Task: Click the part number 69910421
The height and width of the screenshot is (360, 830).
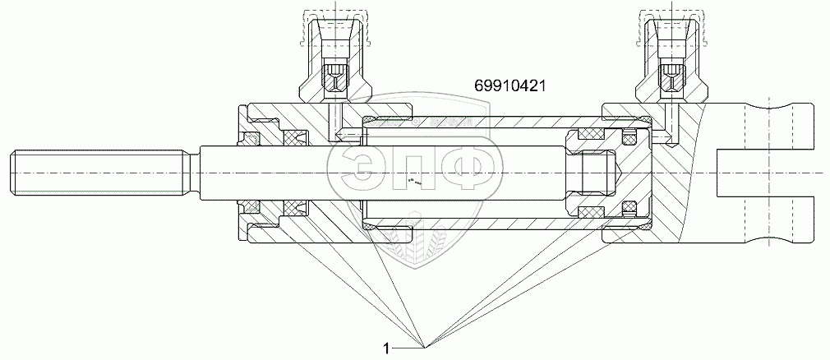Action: point(510,85)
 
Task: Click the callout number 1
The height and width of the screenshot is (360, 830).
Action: point(386,348)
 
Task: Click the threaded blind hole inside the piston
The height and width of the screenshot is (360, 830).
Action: point(597,173)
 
